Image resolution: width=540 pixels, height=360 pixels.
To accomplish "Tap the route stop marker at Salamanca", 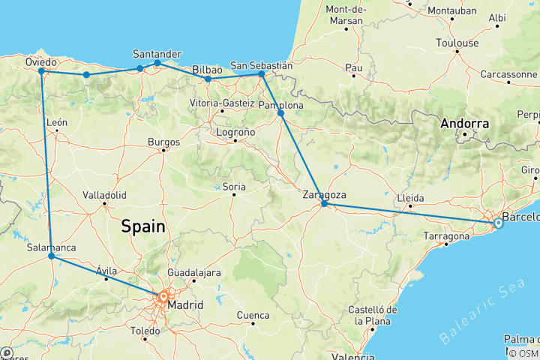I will point(51,256).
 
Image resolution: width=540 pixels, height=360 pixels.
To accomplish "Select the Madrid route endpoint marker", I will point(163,296).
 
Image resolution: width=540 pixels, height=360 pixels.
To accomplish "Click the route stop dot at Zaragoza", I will point(324,203).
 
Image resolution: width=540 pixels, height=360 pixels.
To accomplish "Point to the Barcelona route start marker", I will point(499,223).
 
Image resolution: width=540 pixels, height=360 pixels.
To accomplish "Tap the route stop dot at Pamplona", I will point(280,113).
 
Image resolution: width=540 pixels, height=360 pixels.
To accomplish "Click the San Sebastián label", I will point(261,64).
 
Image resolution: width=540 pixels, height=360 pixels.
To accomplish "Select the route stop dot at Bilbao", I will point(208,79).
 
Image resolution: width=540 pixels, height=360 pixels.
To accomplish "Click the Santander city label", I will point(157,53).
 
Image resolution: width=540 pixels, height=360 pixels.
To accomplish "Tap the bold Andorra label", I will point(465,123).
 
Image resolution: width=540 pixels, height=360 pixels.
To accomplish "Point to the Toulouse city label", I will point(457,43).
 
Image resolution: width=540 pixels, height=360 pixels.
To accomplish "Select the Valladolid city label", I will point(104,194).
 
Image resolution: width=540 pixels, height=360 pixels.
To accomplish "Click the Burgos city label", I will point(164,141).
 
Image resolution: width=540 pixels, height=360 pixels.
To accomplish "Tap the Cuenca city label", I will point(253,315).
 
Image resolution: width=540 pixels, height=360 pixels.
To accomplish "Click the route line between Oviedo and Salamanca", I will point(46,165).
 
